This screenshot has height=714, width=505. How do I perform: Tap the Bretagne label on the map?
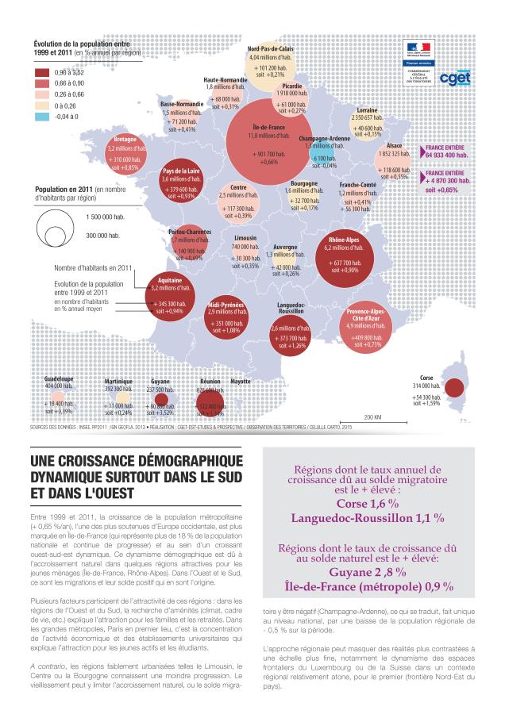point(125,139)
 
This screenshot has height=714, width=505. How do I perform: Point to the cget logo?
point(454,77)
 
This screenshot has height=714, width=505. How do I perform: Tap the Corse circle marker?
point(454,388)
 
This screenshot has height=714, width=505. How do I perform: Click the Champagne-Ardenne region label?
point(324,138)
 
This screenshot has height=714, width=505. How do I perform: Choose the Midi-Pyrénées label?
point(226,305)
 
